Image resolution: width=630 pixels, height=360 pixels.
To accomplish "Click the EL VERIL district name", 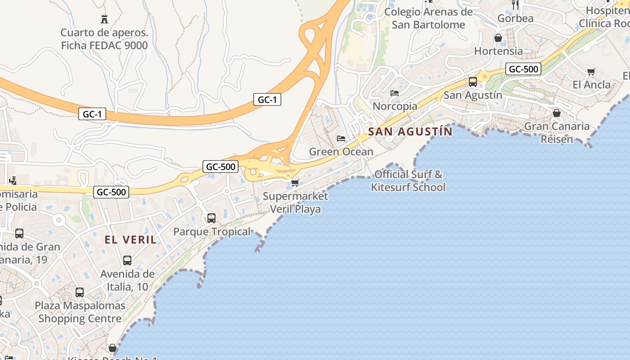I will tap(131, 240).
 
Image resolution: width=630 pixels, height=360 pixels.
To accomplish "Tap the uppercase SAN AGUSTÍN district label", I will tap(410, 132).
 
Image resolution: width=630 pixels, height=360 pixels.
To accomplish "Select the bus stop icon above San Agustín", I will tap(473, 82).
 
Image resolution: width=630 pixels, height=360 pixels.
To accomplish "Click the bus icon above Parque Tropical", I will tap(211, 219).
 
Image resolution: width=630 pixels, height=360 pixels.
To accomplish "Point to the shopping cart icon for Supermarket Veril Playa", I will tap(295, 183).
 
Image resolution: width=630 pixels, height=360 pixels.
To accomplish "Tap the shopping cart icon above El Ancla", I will tap(591, 72).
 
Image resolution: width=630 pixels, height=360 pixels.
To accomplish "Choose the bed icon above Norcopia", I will tap(395, 93).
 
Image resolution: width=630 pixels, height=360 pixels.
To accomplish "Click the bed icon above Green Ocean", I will tap(341, 138).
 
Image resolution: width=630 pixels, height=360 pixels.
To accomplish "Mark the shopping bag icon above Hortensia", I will tap(498, 38).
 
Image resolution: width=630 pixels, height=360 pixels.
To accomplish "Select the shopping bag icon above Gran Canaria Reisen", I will tap(557, 113).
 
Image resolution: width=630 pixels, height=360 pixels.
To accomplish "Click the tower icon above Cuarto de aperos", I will tap(104, 19).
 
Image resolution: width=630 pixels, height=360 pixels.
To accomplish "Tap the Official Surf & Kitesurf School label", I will tap(408, 180).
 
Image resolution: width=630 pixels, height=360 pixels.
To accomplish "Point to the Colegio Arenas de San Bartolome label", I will tap(428, 18).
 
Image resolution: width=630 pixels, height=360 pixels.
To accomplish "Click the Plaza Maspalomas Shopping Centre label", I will tap(80, 312).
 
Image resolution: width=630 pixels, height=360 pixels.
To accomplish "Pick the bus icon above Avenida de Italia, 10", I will tap(127, 261).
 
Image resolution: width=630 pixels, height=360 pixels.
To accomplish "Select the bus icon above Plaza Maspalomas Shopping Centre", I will tap(80, 292).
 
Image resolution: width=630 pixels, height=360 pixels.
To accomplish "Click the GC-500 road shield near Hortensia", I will tap(523, 69).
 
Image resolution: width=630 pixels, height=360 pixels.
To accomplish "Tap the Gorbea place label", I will tap(516, 18).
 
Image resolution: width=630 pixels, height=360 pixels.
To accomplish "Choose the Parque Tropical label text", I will tap(212, 232).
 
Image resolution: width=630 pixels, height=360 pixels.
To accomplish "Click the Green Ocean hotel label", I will tap(341, 152).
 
